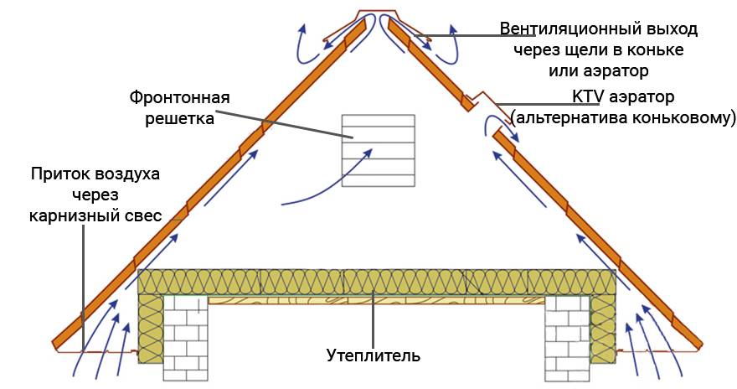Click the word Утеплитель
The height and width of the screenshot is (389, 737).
coord(374,355)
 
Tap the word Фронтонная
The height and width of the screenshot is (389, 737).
coord(179,98)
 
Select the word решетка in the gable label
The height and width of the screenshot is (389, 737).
coord(179,118)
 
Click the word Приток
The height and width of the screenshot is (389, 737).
coord(60,174)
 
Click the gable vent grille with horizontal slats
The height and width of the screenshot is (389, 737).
coord(379,151)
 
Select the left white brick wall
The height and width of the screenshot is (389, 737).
coord(186,338)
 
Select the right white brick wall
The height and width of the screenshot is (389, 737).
coord(567,338)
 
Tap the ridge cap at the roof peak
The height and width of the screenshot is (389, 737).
coord(377,13)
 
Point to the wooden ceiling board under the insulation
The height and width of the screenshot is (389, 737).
coord(377,299)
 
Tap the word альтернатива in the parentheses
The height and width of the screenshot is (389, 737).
coord(571,117)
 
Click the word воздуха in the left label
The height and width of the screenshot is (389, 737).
coord(128,174)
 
